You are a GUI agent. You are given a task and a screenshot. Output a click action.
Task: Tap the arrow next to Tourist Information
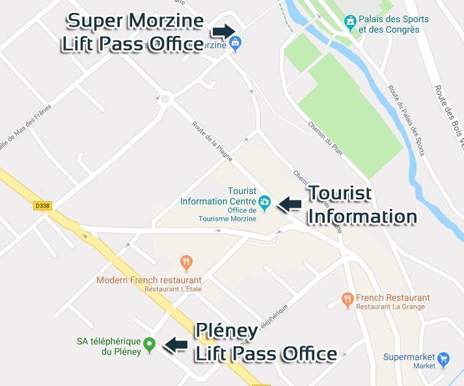pos(290,204)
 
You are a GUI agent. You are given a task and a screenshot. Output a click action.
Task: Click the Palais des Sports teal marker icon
pos(351,23)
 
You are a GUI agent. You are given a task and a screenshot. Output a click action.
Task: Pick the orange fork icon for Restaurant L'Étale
pos(187,264)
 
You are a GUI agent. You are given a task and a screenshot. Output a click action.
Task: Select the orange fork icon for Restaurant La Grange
pos(348,299)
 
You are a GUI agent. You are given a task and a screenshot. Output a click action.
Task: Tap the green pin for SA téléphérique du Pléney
pos(149,343)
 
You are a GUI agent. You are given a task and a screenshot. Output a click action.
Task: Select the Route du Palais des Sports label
pos(406,120)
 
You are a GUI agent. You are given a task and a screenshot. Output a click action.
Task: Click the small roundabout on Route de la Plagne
pos(164,100)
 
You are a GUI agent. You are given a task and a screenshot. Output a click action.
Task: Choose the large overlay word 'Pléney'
pos(226,331)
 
